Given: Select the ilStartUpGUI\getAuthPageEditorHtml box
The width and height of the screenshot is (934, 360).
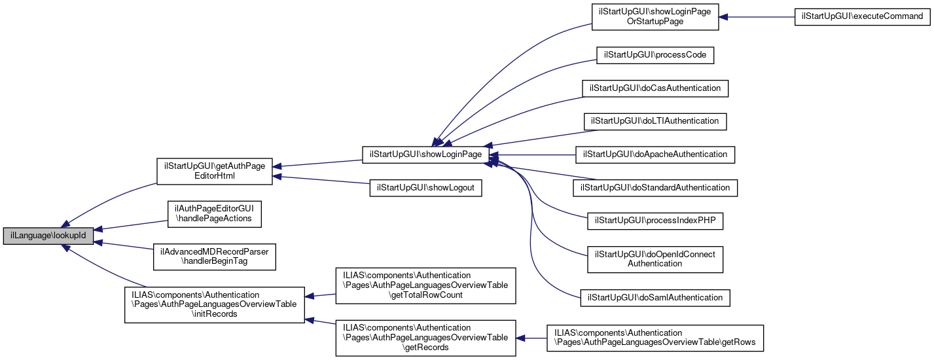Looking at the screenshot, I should [215, 171].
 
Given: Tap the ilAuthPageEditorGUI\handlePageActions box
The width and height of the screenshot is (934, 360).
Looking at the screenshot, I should [215, 213].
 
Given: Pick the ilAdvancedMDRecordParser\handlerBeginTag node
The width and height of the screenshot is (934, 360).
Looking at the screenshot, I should [215, 256].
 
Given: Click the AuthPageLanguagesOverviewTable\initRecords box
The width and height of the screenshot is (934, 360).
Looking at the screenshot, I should [215, 304].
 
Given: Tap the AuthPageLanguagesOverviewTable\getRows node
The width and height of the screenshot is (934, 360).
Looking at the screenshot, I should [655, 338].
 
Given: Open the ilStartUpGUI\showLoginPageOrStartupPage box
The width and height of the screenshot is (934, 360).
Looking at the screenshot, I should [655, 17].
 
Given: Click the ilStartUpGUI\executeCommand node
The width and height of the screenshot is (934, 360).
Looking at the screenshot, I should [863, 17].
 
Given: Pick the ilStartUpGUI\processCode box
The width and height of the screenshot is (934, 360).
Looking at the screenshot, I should [655, 55].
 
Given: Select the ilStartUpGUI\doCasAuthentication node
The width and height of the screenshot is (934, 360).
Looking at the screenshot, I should [655, 88].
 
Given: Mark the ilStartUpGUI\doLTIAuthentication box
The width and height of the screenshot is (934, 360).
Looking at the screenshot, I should [655, 121].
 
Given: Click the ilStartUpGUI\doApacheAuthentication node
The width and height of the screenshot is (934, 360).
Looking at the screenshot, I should [655, 154].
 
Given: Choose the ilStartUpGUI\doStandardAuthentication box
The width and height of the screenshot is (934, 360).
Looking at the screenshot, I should [655, 188].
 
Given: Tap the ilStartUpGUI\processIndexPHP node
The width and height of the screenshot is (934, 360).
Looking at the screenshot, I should [655, 221].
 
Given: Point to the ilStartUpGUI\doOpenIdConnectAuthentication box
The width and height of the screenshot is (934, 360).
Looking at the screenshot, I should [655, 259].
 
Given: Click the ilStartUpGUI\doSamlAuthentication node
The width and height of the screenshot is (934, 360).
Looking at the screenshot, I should [655, 298].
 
